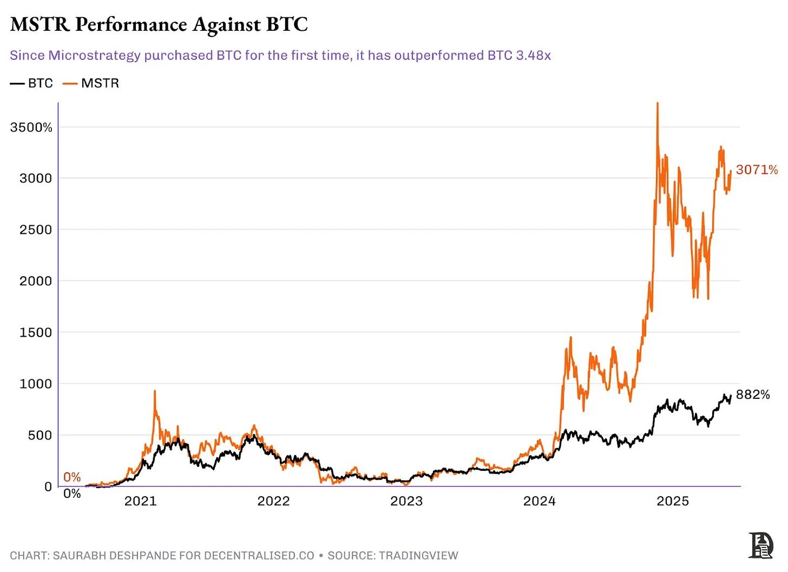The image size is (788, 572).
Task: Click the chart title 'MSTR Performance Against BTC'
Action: point(159,24)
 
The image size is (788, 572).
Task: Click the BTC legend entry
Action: point(32,83)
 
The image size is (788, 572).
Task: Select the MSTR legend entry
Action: point(91,83)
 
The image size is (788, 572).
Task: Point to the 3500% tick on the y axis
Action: point(31,128)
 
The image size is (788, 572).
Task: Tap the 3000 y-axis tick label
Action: point(36,179)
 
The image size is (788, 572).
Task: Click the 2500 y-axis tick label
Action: point(36,230)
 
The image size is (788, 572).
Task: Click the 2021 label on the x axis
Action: point(140,501)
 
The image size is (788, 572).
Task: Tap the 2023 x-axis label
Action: point(406,501)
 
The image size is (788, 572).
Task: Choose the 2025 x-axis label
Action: point(673,501)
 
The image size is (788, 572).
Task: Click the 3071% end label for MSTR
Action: point(757,170)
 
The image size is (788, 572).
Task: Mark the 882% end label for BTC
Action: point(753,395)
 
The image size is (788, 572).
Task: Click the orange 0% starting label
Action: point(72,477)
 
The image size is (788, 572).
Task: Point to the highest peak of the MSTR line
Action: point(657,103)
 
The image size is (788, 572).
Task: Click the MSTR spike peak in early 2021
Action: point(155,391)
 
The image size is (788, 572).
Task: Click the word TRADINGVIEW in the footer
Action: point(418,556)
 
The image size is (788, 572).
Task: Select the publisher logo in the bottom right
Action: point(760,545)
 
